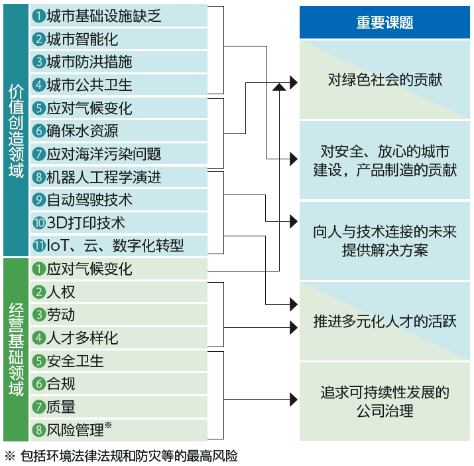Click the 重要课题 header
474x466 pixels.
(x=385, y=23)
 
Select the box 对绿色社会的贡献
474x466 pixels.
(x=385, y=80)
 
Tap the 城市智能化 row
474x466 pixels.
(x=119, y=39)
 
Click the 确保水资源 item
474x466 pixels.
(x=119, y=131)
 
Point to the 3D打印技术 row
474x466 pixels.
(x=119, y=223)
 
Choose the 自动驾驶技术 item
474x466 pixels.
(x=119, y=200)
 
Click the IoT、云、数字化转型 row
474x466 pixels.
(x=119, y=246)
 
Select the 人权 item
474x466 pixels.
(x=119, y=292)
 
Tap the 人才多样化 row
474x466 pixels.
(x=119, y=338)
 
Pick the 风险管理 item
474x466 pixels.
(x=119, y=430)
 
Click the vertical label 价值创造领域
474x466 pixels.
(x=16, y=130)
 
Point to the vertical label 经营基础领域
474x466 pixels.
(x=16, y=349)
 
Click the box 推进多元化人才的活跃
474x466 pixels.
(x=385, y=321)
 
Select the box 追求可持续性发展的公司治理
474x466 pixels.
(x=385, y=402)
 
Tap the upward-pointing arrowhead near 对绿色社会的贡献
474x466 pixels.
(x=279, y=87)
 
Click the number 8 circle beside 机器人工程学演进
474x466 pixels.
(x=38, y=177)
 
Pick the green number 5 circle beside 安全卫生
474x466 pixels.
(x=38, y=361)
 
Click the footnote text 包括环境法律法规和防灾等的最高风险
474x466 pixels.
(x=129, y=456)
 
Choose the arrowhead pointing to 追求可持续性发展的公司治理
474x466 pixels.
(x=294, y=400)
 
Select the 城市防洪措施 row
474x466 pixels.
(x=119, y=62)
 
